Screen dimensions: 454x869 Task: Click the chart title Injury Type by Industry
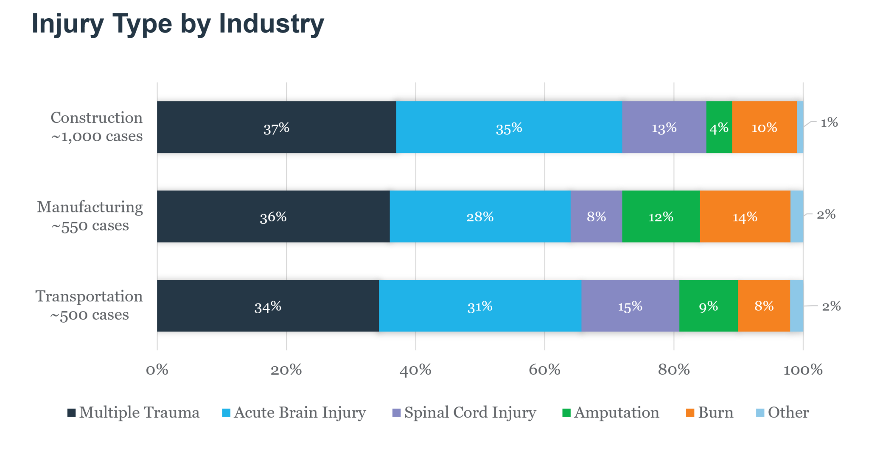[x=178, y=24]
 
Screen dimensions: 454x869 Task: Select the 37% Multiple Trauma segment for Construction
[x=276, y=128]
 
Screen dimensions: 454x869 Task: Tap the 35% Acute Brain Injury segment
[x=509, y=128]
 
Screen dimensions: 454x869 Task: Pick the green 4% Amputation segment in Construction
[x=719, y=128]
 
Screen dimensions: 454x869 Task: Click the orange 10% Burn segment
[x=764, y=128]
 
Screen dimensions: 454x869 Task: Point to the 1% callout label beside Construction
[x=829, y=123]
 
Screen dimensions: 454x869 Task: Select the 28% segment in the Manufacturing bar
[x=480, y=217]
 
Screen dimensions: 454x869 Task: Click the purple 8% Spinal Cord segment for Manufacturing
[x=596, y=217]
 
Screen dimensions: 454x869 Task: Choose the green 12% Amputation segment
[x=661, y=217]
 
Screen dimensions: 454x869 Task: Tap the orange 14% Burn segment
[x=745, y=217]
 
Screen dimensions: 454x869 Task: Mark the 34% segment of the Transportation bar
[x=268, y=306]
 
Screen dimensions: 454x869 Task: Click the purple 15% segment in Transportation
[x=630, y=306]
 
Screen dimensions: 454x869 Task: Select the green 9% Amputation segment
[x=708, y=306]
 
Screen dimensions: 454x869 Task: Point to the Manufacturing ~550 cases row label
[x=90, y=216]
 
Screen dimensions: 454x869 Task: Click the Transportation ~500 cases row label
[x=89, y=305]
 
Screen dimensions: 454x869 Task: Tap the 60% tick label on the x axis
[x=544, y=370]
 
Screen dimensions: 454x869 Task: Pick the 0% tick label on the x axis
[x=157, y=370]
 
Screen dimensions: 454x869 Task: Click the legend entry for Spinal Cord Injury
[x=464, y=412]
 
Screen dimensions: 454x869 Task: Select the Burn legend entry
[x=709, y=412]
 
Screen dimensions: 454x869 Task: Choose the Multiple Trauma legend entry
[x=134, y=412]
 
